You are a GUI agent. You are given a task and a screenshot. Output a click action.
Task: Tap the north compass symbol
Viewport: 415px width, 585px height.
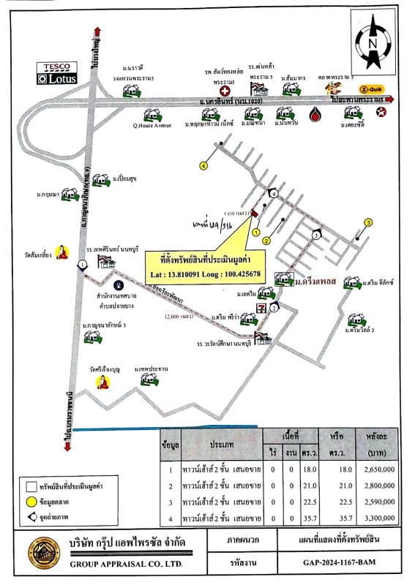[x=372, y=42]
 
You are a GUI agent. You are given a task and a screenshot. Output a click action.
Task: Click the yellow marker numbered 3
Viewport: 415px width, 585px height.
[x=369, y=223]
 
